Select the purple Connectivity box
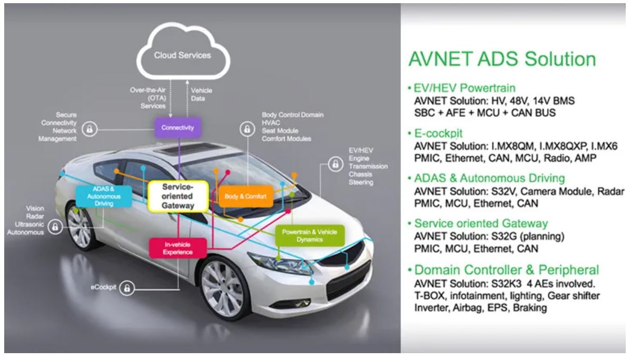tap(179, 127)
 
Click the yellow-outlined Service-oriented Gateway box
tap(178, 196)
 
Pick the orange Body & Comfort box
tap(245, 196)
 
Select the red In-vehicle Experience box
tap(178, 248)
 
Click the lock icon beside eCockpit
tap(126, 288)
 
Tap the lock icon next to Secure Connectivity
tap(90, 128)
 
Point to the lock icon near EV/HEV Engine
tap(334, 164)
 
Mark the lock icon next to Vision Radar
tap(54, 227)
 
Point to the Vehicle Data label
tap(202, 94)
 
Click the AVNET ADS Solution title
tap(502, 59)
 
